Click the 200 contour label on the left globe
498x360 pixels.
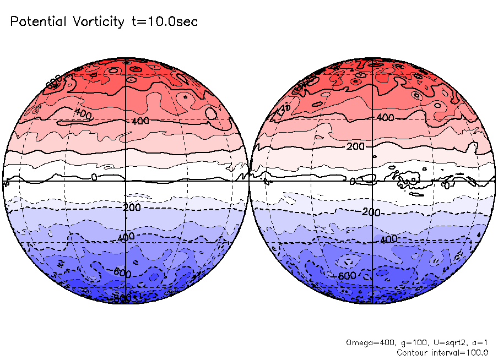point(133,208)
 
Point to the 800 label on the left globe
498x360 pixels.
point(122,298)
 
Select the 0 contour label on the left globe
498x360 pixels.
point(94,177)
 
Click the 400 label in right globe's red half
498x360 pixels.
point(385,118)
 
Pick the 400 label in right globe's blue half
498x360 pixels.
point(388,239)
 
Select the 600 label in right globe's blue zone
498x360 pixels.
point(347,276)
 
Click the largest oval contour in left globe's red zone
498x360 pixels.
point(210,114)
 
